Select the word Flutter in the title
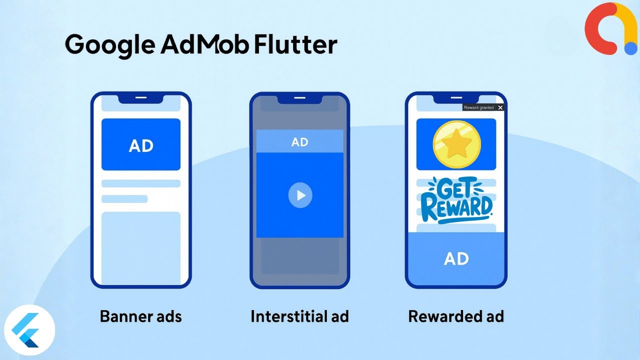point(295,45)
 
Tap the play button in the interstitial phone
point(300,195)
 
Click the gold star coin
point(456,144)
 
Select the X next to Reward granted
point(500,107)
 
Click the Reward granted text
point(478,107)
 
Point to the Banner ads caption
point(140,316)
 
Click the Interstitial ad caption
point(299,316)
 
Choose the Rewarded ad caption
point(456,316)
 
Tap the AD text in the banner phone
point(141,145)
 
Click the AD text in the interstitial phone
point(299,142)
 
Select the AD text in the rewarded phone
point(456,258)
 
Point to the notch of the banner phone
point(141,98)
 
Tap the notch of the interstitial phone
point(299,98)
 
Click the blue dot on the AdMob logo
point(630,48)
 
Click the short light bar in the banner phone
point(124,199)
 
